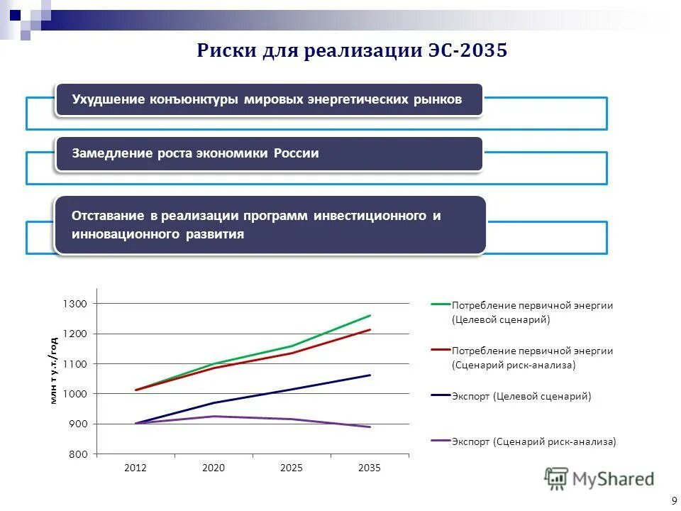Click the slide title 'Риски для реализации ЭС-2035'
pyautogui.click(x=352, y=51)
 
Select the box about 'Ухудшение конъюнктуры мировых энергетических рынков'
pyautogui.click(x=269, y=100)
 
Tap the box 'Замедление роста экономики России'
pyautogui.click(x=269, y=154)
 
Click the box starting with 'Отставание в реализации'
pyautogui.click(x=270, y=225)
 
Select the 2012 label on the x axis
pyautogui.click(x=135, y=468)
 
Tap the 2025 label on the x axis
pyautogui.click(x=292, y=468)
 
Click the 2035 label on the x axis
pyautogui.click(x=370, y=468)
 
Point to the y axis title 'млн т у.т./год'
pyautogui.click(x=53, y=369)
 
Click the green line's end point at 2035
pyautogui.click(x=370, y=315)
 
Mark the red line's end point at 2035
pyautogui.click(x=370, y=329)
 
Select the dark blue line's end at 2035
pyautogui.click(x=370, y=375)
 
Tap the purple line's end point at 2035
pyautogui.click(x=370, y=427)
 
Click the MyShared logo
pyautogui.click(x=599, y=479)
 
